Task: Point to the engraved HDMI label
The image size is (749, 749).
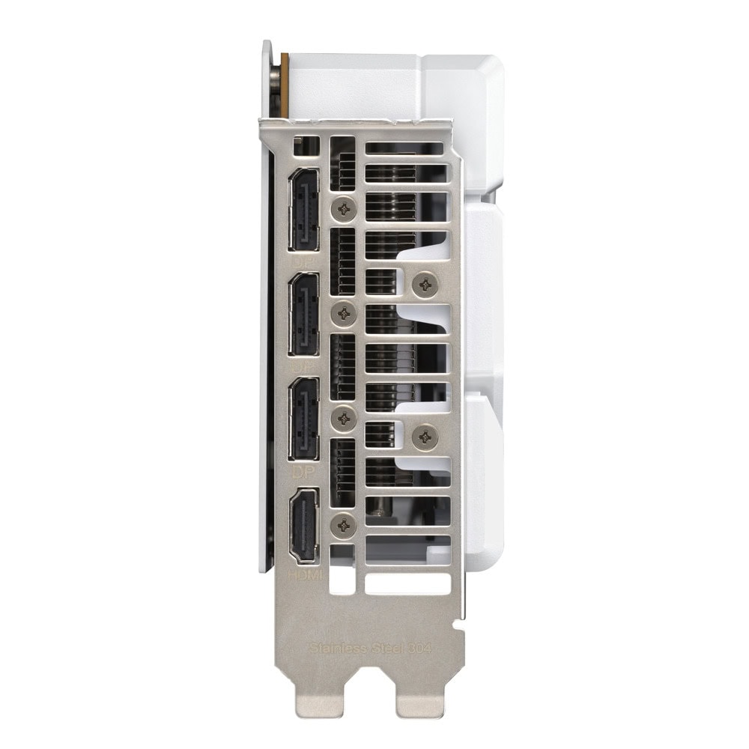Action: pos(306,576)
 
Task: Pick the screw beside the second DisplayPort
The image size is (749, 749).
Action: pos(344,314)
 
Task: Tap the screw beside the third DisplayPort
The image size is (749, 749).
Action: pos(344,419)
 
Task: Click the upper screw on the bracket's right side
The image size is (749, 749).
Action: pos(425,283)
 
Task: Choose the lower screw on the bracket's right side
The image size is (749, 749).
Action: pos(425,435)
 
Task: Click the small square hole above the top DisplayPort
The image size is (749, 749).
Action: pos(303,147)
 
